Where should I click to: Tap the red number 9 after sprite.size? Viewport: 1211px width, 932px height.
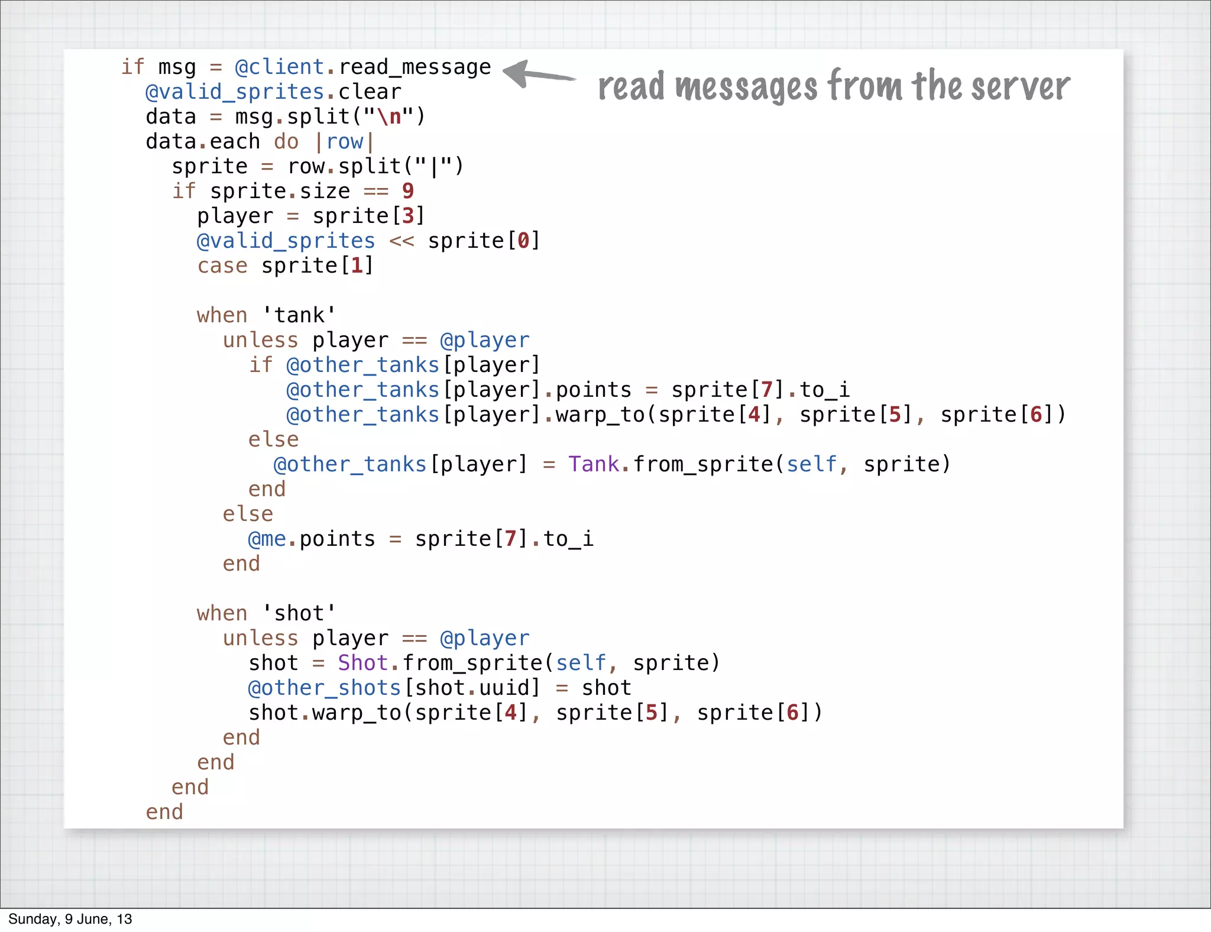pos(408,191)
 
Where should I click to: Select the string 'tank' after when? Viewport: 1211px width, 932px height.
pos(299,315)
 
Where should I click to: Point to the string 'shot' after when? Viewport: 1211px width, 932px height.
pos(299,613)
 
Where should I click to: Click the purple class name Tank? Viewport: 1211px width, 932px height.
pos(594,464)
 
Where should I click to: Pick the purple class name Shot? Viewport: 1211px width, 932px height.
pos(362,663)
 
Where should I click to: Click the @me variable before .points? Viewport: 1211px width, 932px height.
pos(267,539)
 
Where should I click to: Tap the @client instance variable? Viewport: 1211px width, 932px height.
pos(279,67)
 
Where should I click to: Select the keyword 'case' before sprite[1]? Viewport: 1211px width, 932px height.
pos(222,266)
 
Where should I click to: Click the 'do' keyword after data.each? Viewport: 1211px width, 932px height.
pos(286,141)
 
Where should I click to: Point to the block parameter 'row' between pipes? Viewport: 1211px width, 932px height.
pos(344,141)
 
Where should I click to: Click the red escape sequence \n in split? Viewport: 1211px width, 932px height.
pos(389,117)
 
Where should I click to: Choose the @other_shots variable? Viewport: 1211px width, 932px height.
pos(325,688)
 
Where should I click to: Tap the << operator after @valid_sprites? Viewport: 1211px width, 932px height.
pos(401,241)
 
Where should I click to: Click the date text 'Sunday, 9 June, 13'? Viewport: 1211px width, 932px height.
pos(70,919)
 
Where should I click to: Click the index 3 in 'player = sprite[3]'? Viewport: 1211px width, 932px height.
pos(408,216)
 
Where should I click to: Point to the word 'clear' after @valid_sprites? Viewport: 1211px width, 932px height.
pos(370,92)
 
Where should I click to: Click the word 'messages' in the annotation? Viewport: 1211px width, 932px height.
pos(746,86)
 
